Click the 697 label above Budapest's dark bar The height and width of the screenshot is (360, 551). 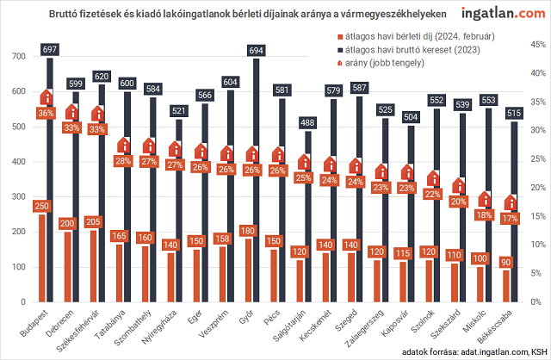[50, 52]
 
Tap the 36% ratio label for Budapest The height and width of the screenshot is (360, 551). [46, 113]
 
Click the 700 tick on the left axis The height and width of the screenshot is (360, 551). [16, 56]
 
